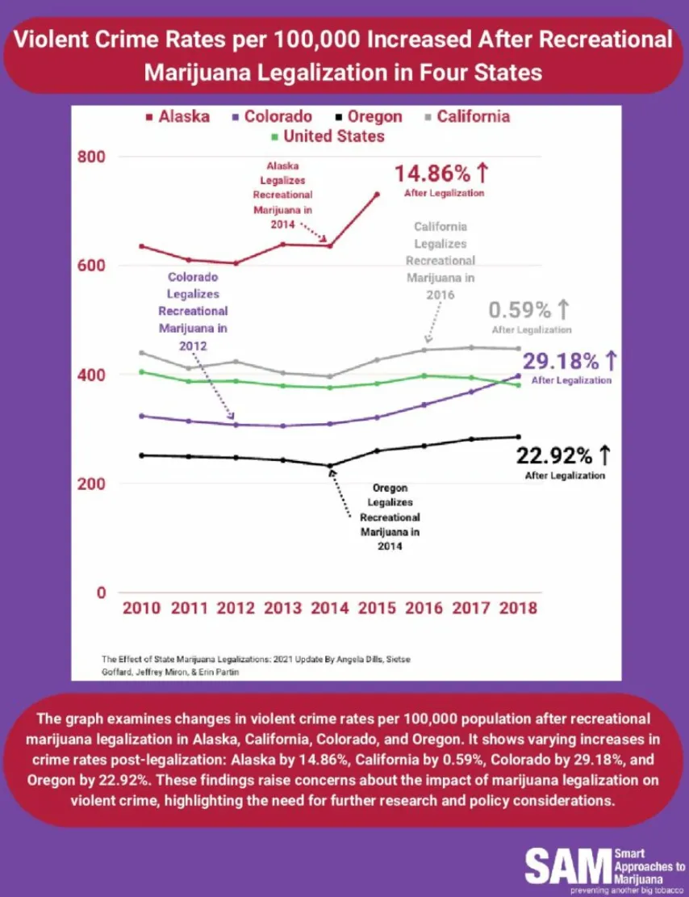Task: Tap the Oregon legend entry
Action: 369,116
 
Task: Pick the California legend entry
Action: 468,116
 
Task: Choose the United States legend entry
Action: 327,136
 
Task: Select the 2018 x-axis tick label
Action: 517,608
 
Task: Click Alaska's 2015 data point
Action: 377,194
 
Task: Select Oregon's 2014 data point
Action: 330,466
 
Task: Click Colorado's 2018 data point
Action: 518,375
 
